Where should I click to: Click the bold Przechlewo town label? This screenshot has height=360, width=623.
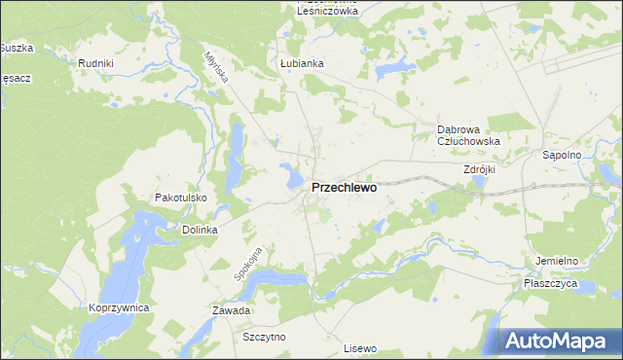click(x=344, y=189)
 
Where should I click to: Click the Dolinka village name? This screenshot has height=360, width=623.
click(x=199, y=231)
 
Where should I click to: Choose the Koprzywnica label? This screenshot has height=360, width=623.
click(x=118, y=307)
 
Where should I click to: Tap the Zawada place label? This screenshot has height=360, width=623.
click(x=232, y=311)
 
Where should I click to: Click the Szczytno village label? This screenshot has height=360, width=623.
click(x=264, y=336)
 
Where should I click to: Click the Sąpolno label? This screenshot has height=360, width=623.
click(x=561, y=155)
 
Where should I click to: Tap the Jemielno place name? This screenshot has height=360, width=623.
click(x=557, y=261)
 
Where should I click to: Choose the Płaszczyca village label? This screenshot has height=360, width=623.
click(x=550, y=283)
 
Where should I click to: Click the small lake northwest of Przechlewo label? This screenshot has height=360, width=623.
click(x=290, y=177)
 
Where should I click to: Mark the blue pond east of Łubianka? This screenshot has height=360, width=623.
click(x=393, y=67)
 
